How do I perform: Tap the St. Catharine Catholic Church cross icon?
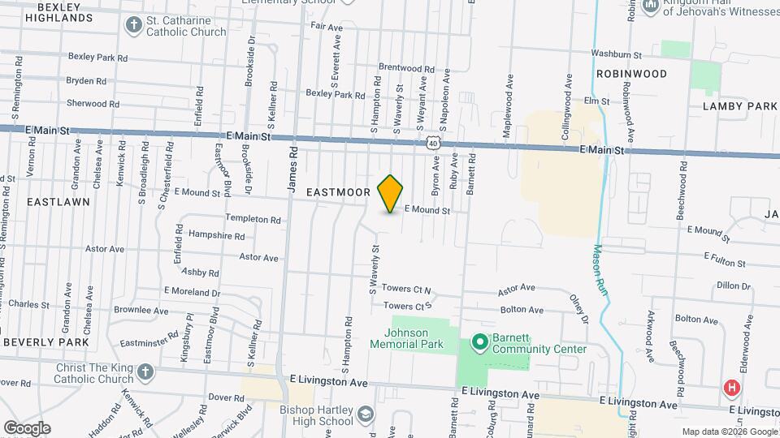(x=133, y=25)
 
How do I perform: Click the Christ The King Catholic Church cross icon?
(x=145, y=372)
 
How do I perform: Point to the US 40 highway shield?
(x=432, y=144)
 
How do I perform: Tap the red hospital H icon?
(x=732, y=389)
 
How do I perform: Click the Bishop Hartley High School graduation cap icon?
(x=366, y=414)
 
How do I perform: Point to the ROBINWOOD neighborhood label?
(x=631, y=74)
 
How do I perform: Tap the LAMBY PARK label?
(x=740, y=106)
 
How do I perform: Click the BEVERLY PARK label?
(x=45, y=342)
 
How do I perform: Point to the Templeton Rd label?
(x=253, y=220)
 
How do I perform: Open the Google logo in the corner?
(x=27, y=427)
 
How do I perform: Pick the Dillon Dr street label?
(x=734, y=286)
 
